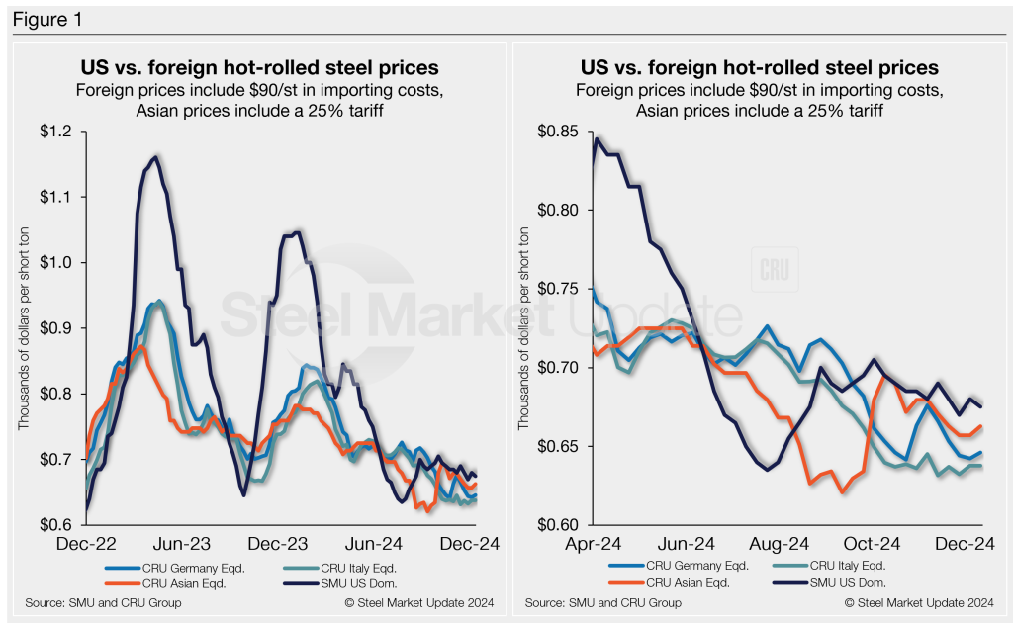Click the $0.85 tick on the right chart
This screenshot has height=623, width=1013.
(x=557, y=132)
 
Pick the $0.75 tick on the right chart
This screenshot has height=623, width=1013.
(x=557, y=289)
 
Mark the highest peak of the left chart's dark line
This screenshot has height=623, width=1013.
(x=155, y=156)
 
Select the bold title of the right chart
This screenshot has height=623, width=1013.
(x=759, y=68)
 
